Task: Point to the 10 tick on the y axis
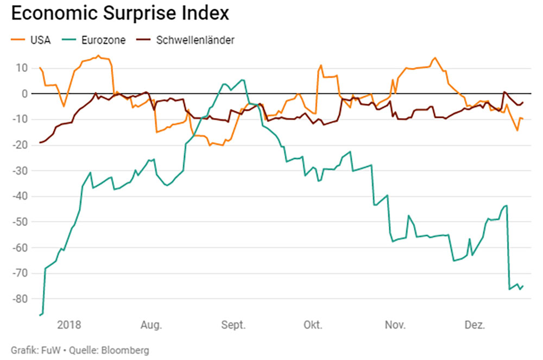[x=21, y=68]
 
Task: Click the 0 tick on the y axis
[x=24, y=94]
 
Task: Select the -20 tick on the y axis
[x=20, y=145]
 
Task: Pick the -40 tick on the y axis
[x=20, y=197]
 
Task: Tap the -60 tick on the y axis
[x=20, y=248]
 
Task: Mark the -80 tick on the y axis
[x=20, y=299]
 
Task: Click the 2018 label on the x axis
[x=69, y=325]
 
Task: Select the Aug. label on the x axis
[x=151, y=325]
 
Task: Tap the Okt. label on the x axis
[x=313, y=325]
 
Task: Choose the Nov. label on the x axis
[x=395, y=325]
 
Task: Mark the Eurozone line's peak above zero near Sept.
[x=242, y=80]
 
